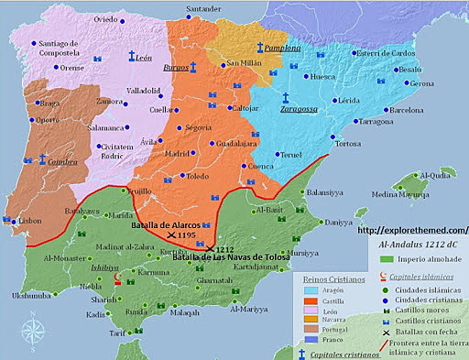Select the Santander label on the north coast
click(204, 10)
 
